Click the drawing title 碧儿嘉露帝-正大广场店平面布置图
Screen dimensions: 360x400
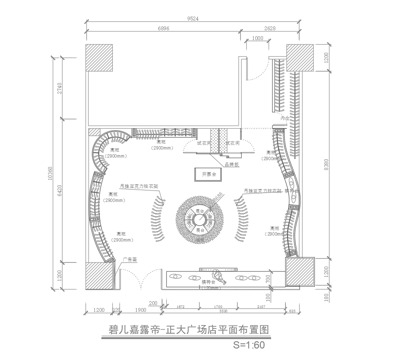coord(199,328)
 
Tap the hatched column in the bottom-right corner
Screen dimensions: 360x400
coord(301,272)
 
